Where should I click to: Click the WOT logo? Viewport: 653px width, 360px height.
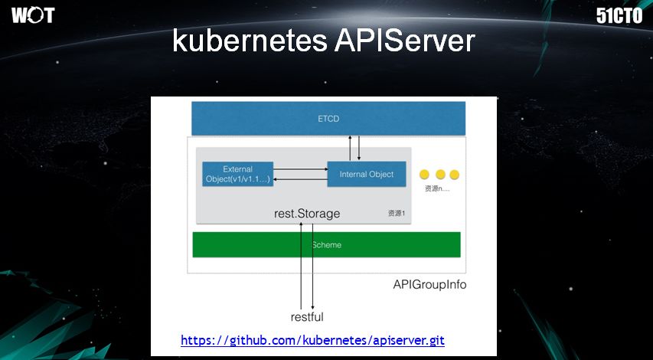pos(33,15)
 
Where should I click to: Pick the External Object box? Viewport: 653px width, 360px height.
pos(237,174)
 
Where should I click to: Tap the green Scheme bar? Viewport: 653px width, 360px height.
pos(326,245)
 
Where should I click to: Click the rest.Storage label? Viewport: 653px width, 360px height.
pos(307,214)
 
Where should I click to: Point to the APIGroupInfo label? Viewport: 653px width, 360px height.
pos(429,285)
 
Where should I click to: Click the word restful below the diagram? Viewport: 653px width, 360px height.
pos(307,317)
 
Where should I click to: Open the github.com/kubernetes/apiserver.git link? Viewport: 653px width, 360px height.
pos(312,340)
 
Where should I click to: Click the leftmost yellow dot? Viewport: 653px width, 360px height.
pos(424,175)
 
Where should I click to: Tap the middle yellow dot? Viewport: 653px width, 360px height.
pos(439,175)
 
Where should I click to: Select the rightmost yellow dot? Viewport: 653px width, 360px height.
pos(454,175)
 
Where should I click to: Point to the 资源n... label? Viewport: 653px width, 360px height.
pos(437,188)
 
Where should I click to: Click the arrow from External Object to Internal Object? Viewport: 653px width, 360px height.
pos(300,169)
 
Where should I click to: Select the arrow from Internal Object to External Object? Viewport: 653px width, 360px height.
pos(300,179)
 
